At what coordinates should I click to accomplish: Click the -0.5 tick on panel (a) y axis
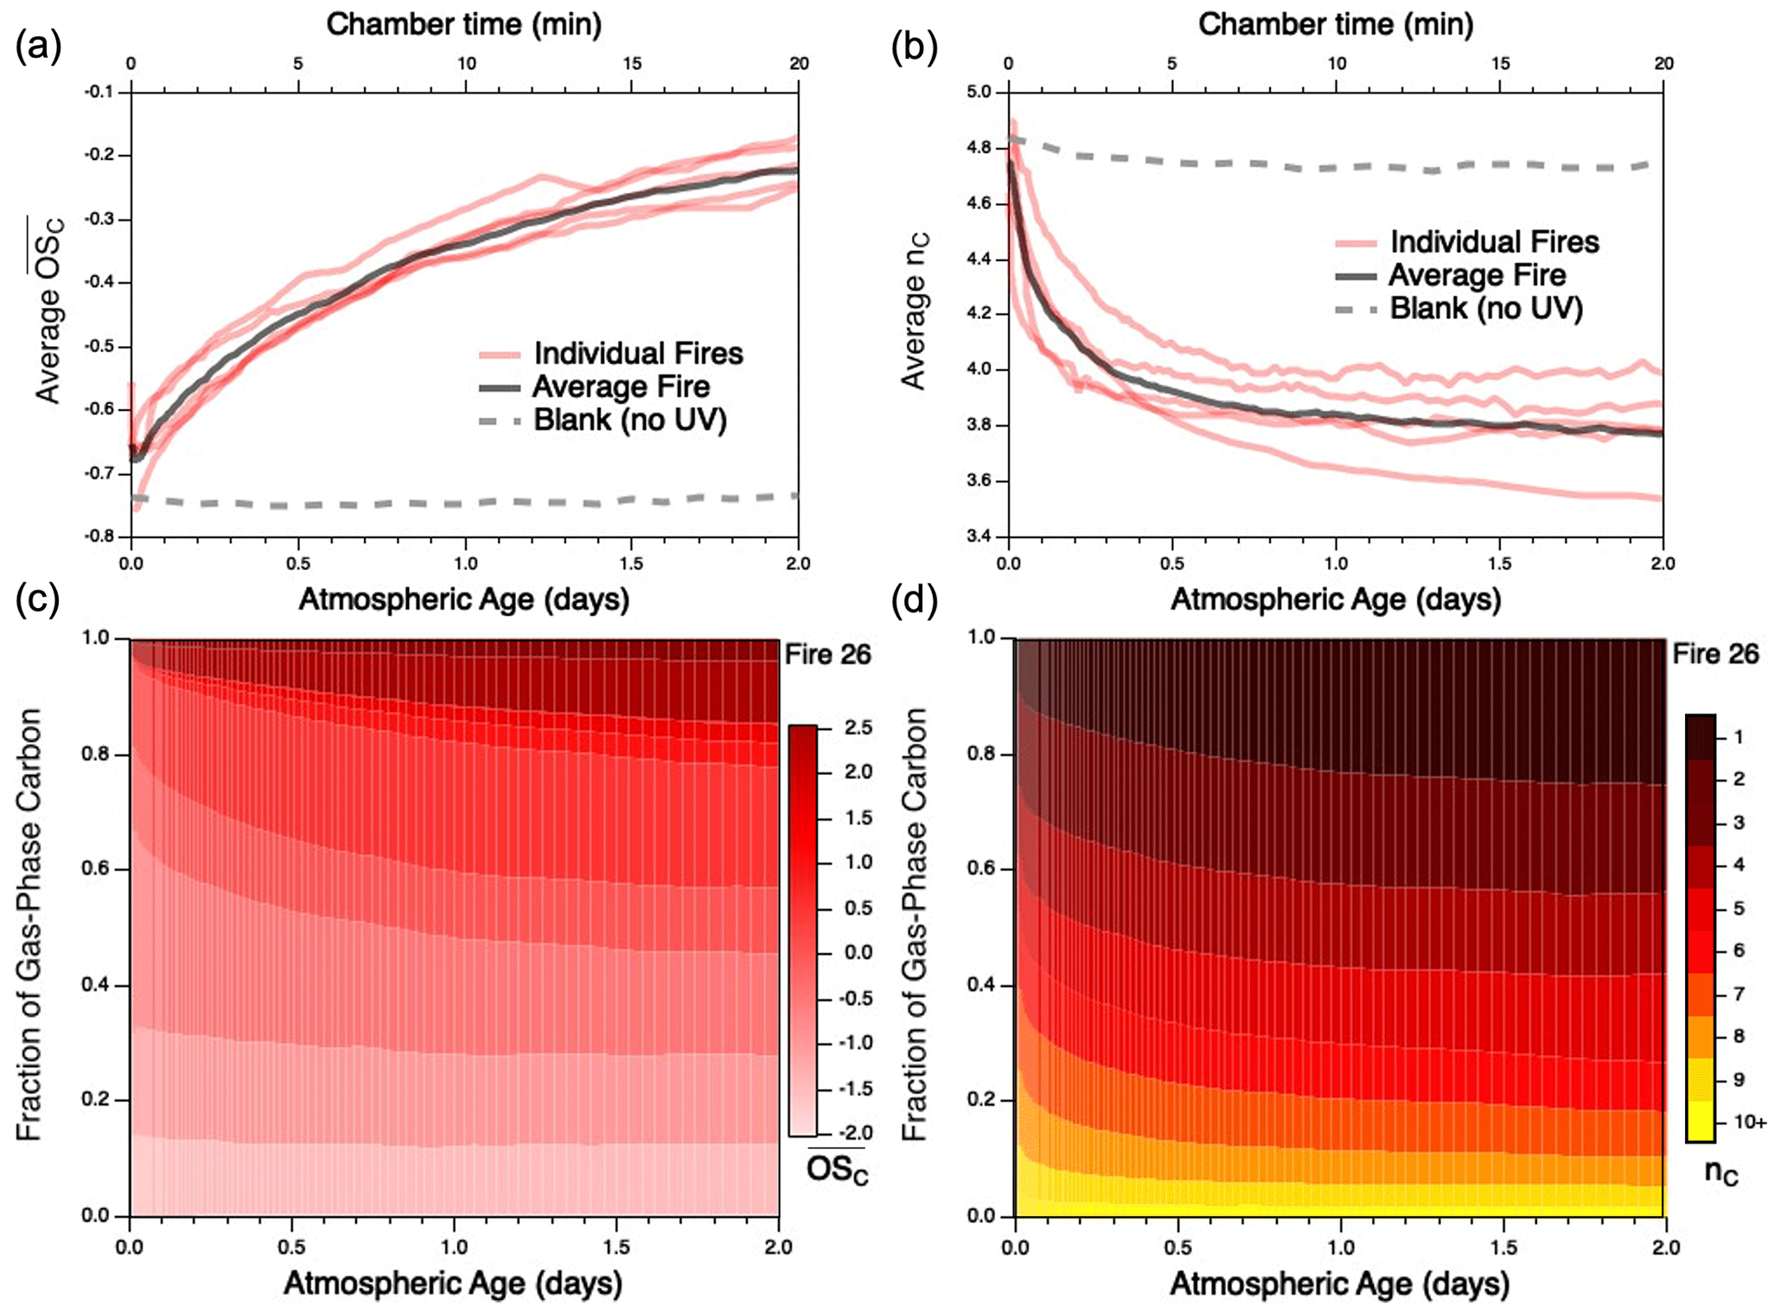click(x=99, y=347)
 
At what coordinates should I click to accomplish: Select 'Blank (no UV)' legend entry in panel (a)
click(x=629, y=420)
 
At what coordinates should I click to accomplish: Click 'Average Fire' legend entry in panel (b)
click(x=1477, y=276)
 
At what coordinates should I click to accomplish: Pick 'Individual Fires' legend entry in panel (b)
click(x=1494, y=242)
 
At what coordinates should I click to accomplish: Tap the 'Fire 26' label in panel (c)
click(x=827, y=656)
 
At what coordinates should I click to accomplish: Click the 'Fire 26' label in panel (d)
click(x=1715, y=655)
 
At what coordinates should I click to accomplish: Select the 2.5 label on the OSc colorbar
click(x=858, y=728)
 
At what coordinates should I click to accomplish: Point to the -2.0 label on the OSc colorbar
click(x=856, y=1133)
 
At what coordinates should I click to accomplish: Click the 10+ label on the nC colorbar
click(x=1749, y=1123)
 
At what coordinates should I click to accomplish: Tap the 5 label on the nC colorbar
click(x=1739, y=909)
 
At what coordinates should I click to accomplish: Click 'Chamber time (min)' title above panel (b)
click(x=1335, y=24)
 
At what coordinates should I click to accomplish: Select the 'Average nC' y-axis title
click(x=914, y=311)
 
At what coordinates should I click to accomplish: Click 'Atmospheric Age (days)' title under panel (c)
click(x=452, y=1284)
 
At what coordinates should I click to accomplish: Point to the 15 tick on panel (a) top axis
click(x=632, y=64)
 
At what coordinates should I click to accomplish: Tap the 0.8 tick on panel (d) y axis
click(x=983, y=754)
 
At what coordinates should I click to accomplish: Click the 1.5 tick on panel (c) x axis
click(x=616, y=1247)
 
